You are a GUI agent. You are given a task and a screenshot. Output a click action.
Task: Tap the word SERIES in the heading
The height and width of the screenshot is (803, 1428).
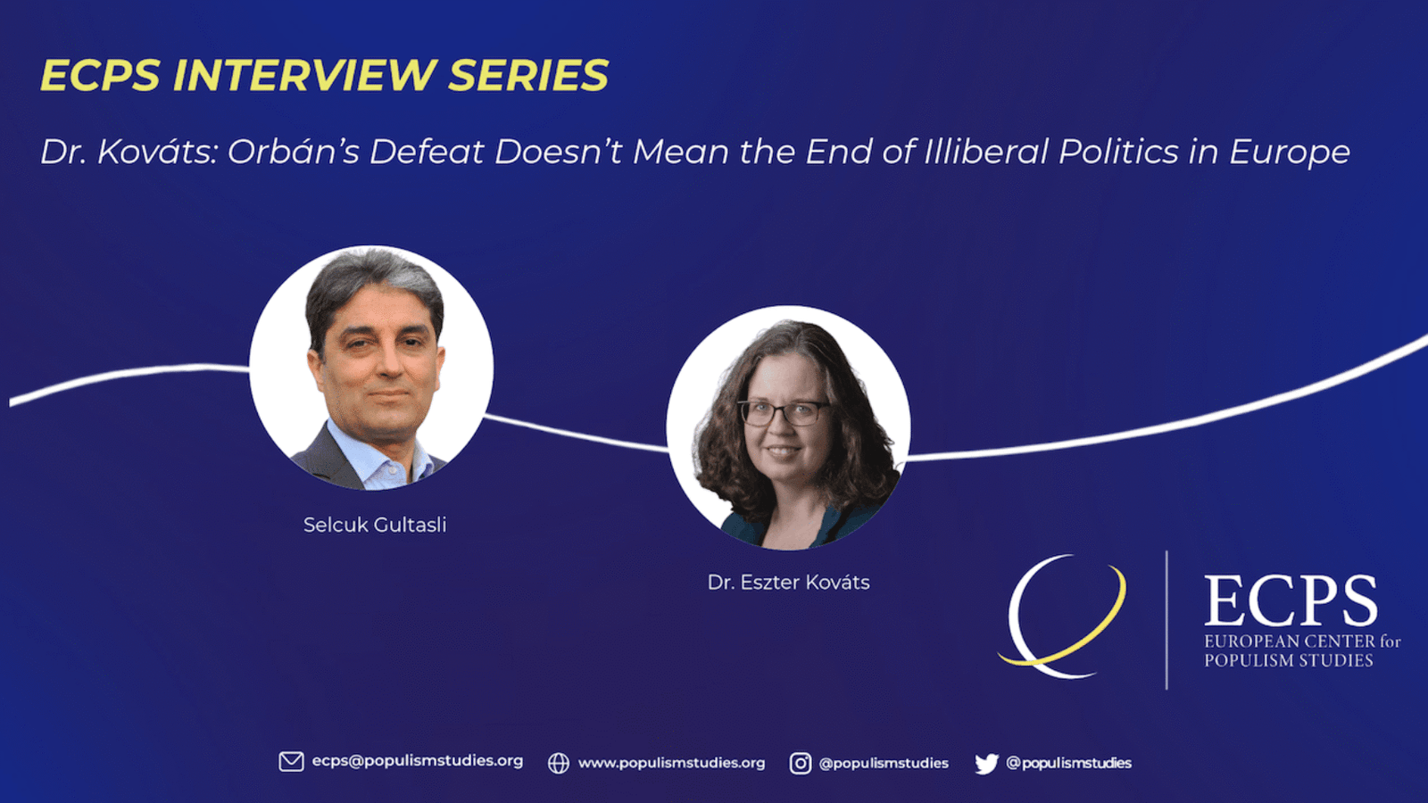point(528,75)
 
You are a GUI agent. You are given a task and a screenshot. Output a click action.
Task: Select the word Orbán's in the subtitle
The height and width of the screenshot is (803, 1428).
point(294,152)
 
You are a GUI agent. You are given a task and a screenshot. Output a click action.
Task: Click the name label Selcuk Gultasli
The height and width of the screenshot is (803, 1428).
point(375,525)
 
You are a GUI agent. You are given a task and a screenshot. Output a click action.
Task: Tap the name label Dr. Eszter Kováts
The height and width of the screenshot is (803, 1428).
point(789,582)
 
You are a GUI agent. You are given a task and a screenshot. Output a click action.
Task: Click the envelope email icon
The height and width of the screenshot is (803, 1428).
point(291,762)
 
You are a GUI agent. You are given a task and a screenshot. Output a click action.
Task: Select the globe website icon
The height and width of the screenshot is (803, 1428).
point(559,763)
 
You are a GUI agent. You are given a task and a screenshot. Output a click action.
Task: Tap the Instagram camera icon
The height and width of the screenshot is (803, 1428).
point(801,763)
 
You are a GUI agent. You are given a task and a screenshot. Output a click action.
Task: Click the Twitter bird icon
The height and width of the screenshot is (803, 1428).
point(986,764)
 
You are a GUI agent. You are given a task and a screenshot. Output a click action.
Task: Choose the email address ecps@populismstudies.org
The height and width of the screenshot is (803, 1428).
point(418,761)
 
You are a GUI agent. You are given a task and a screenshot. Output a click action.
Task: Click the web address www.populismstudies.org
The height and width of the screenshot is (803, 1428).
point(671,763)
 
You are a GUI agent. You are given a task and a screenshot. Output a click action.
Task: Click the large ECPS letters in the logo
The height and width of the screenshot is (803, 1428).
point(1291,601)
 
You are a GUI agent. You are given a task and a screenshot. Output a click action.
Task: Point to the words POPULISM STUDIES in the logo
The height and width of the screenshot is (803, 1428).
point(1289,660)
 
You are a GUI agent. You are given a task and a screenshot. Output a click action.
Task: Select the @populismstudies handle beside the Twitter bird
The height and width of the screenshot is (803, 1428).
point(1068,763)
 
